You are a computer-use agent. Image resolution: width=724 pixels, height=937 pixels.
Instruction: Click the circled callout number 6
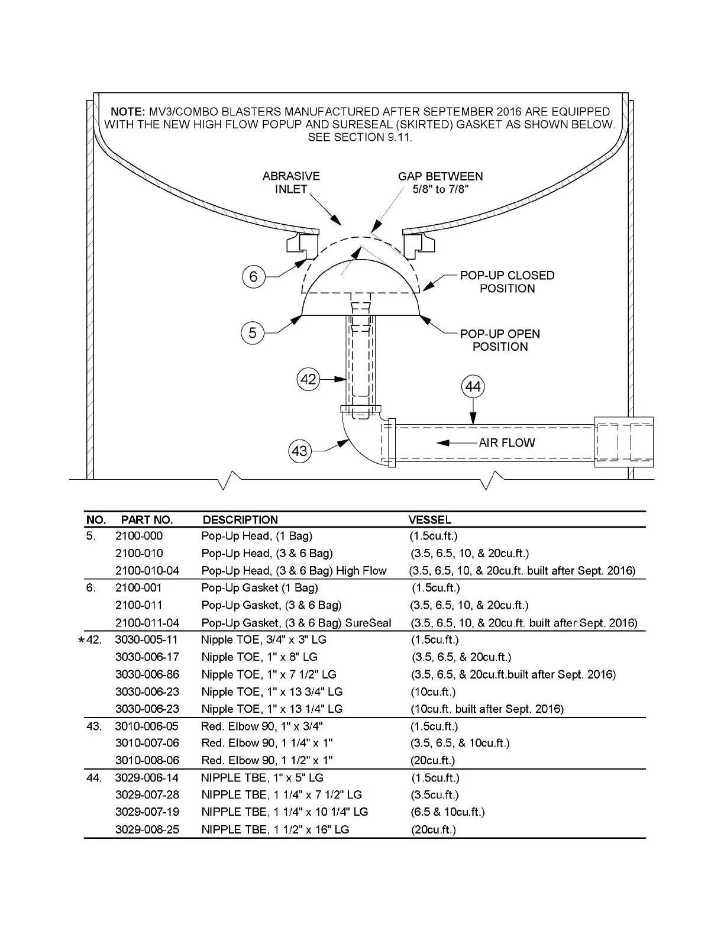click(253, 276)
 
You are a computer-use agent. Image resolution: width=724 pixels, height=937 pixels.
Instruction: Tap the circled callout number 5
click(253, 333)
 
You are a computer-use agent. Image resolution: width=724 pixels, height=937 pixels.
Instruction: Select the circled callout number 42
click(309, 379)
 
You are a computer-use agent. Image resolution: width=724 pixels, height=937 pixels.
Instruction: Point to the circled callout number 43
click(300, 451)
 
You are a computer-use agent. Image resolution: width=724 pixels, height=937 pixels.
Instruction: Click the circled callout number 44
click(473, 387)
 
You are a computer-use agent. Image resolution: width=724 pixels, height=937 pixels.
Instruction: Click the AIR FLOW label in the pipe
click(506, 442)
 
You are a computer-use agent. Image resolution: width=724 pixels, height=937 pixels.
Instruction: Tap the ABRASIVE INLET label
click(291, 183)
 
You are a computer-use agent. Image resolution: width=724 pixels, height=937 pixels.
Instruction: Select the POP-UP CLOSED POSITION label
click(507, 282)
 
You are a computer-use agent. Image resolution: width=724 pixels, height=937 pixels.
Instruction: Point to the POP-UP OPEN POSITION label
click(500, 340)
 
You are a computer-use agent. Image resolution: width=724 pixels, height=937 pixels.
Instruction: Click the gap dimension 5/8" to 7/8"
click(441, 189)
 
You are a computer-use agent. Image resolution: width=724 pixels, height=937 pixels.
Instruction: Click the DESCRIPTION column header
click(240, 520)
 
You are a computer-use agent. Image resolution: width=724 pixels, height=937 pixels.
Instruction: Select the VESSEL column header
click(430, 520)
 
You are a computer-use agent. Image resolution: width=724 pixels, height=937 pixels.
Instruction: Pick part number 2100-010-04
click(147, 571)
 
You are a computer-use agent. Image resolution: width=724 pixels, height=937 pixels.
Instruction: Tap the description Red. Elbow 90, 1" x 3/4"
click(262, 726)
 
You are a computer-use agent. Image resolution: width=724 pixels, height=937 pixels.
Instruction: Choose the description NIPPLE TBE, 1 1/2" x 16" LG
click(275, 829)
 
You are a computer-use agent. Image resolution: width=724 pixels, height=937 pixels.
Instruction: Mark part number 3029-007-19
click(147, 812)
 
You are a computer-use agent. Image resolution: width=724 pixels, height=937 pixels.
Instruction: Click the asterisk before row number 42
click(81, 641)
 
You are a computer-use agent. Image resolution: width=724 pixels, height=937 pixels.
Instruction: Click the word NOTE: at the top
click(127, 112)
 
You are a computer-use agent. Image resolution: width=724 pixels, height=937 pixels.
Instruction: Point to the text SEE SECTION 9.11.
click(360, 137)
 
